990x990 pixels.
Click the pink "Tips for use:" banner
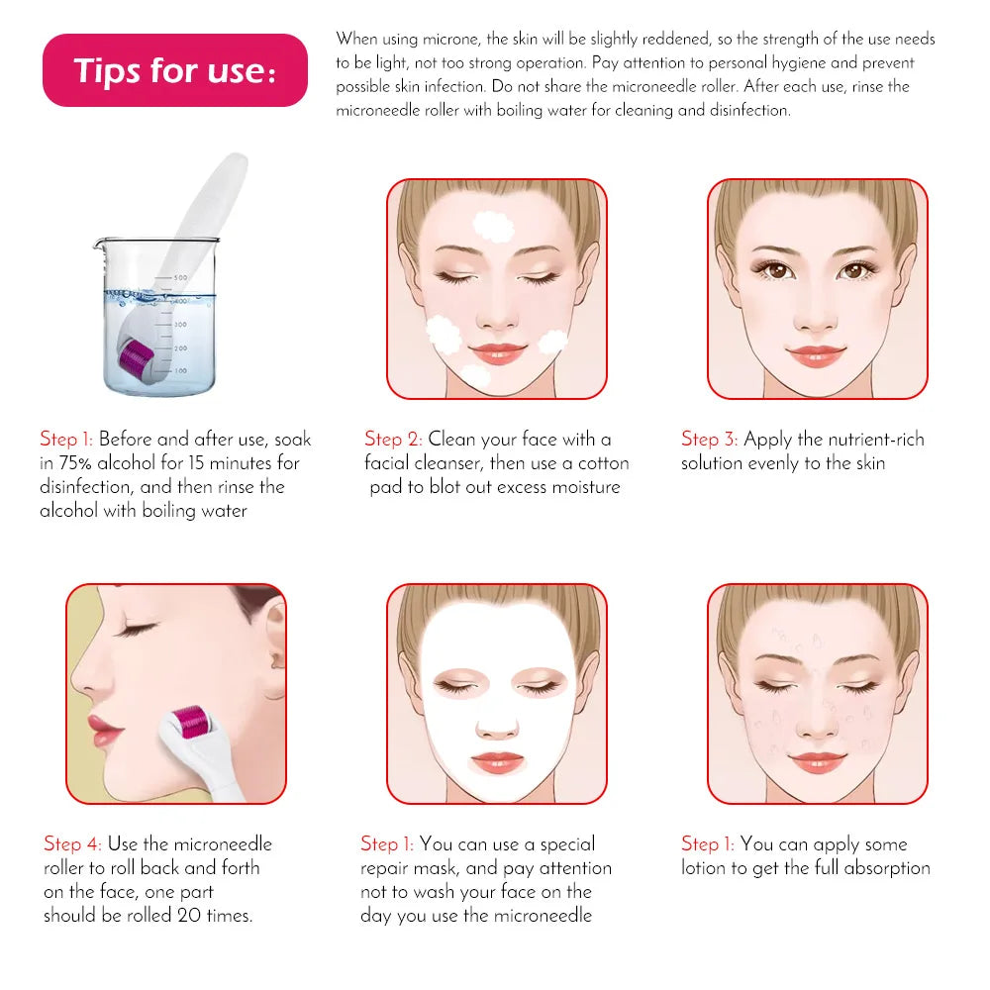175,70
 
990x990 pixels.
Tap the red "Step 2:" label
394,439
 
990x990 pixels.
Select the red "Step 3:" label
709,439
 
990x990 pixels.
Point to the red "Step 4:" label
72,843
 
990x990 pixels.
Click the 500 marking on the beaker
180,278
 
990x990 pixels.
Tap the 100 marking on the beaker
179,370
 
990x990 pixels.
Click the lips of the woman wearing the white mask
497,761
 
